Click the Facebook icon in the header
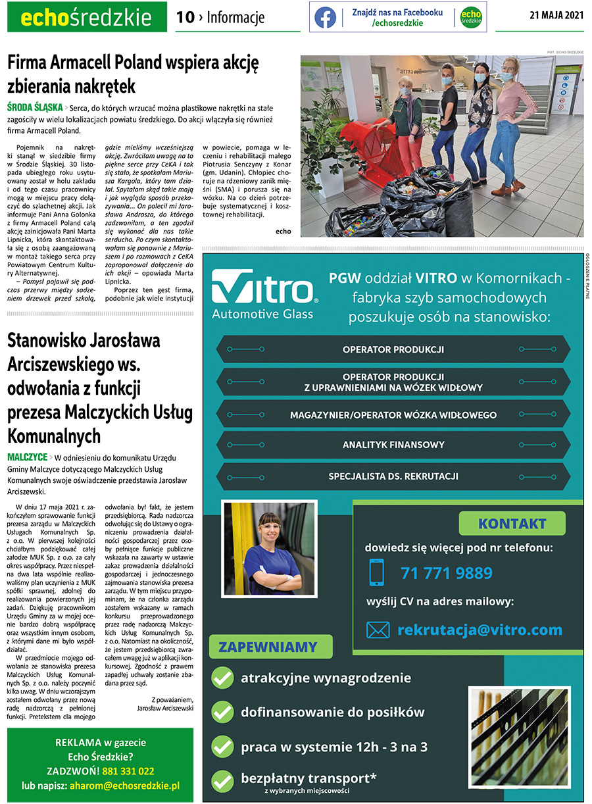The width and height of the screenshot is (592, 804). coord(325,18)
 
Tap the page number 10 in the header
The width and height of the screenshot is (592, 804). coord(185,18)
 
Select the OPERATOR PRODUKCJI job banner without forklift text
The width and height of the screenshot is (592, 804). coord(393,349)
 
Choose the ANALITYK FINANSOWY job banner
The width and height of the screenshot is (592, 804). coord(393,445)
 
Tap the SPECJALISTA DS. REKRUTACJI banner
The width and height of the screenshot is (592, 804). coord(393,476)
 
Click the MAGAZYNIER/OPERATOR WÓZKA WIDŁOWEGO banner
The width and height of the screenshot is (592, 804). coord(393,415)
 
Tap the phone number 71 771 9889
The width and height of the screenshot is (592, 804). coord(446,573)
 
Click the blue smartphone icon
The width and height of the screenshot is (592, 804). coord(376,572)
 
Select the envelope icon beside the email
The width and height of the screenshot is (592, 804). coord(378,630)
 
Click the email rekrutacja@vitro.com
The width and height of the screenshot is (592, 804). coord(480,630)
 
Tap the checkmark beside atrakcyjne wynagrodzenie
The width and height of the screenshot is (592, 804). coord(223,678)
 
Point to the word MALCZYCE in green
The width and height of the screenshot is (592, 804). coord(27,457)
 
